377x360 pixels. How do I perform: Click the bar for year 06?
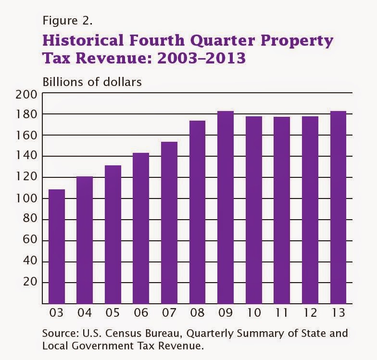141,228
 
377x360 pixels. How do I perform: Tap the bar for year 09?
226,207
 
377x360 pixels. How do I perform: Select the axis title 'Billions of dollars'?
92,82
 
